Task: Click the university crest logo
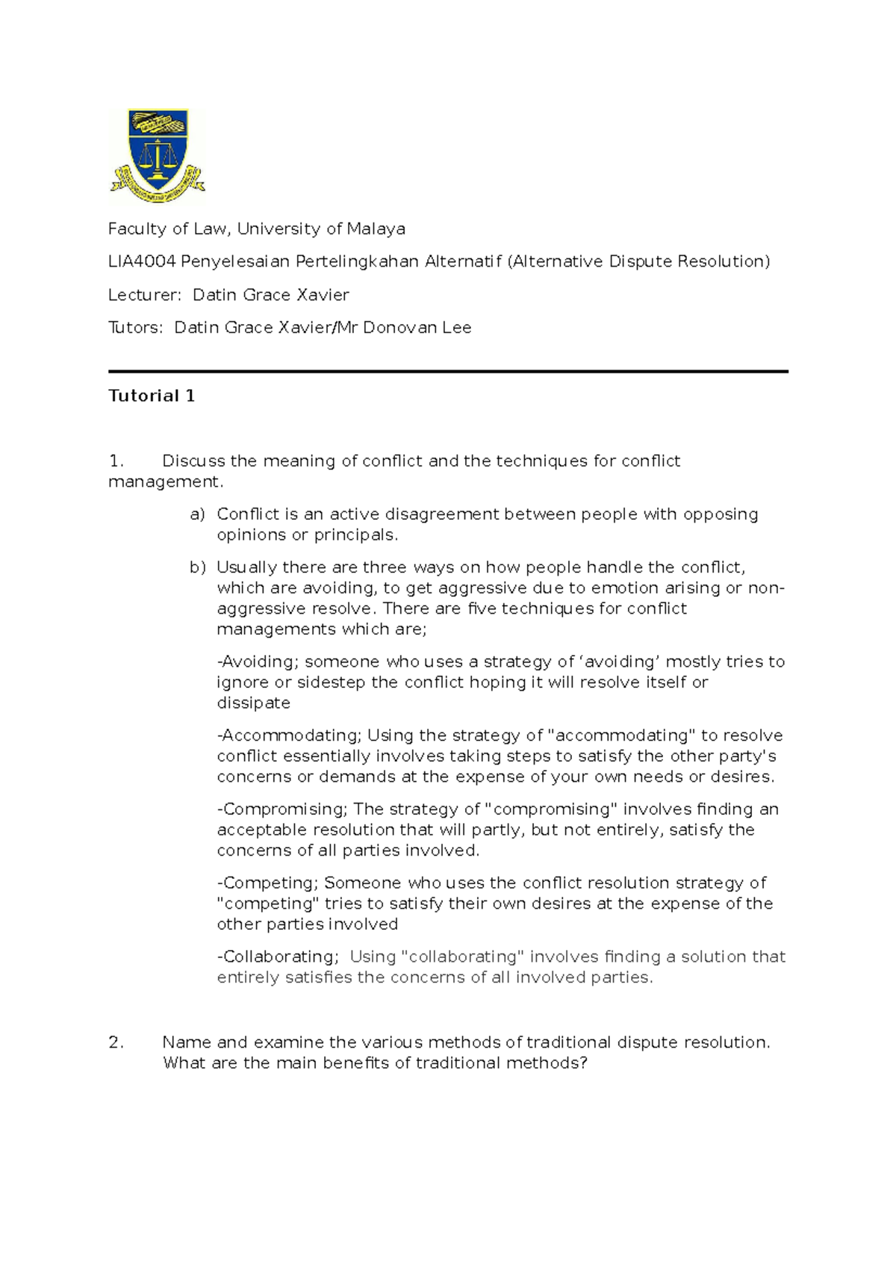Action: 158,156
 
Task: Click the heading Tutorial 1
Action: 152,396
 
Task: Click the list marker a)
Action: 196,515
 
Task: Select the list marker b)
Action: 197,568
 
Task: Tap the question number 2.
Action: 116,1042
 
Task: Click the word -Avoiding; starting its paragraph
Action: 258,662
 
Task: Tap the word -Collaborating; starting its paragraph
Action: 278,957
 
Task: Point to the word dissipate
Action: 253,703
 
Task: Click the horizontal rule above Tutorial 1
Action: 448,371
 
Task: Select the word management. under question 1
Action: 166,482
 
